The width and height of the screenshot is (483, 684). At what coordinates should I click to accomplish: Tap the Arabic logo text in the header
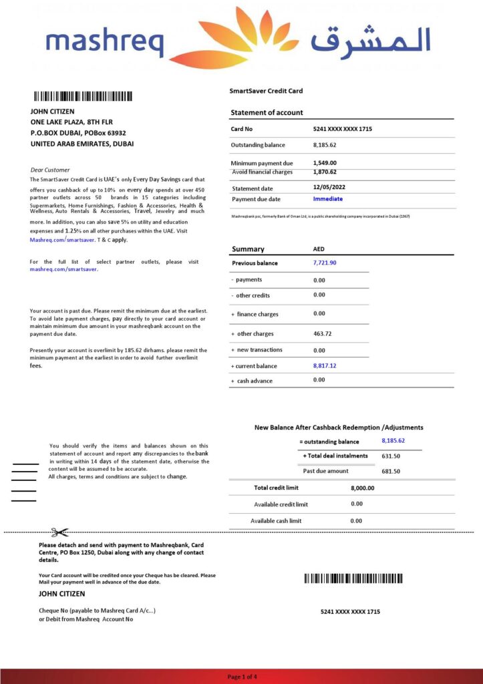pos(371,41)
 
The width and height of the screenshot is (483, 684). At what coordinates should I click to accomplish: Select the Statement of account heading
pos(267,113)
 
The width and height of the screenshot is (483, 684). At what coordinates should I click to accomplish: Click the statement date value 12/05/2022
pos(330,188)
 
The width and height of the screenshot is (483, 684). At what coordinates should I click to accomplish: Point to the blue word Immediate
pos(327,199)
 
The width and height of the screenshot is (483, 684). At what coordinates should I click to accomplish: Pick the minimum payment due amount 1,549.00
pos(325,163)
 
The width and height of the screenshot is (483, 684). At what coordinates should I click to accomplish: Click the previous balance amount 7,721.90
pos(325,263)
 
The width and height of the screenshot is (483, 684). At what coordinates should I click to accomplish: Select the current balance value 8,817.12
pos(325,366)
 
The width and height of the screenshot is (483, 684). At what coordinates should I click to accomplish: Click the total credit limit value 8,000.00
pos(362,488)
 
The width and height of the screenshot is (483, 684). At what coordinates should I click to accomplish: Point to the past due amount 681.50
pos(391,472)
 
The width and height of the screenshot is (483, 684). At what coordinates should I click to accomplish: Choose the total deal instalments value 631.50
pos(391,456)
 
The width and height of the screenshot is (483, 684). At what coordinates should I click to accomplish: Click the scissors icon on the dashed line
pos(59,532)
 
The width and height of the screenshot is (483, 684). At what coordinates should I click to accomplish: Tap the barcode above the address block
pos(84,96)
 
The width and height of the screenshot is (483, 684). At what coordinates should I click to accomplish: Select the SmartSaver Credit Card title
pos(266,91)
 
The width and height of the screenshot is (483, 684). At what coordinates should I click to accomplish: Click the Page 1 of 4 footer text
pos(242,677)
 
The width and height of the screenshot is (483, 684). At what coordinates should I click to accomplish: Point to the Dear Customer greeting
pos(50,170)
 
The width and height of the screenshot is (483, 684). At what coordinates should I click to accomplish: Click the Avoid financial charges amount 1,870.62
pos(325,172)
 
